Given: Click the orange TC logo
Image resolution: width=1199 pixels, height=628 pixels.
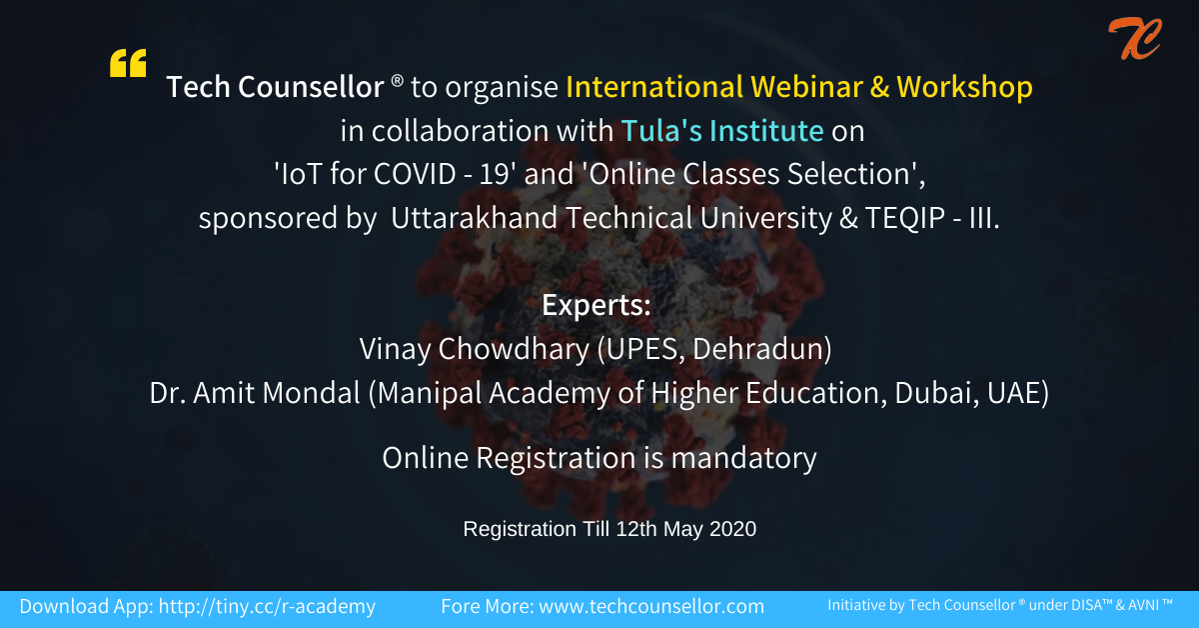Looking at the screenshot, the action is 1135,39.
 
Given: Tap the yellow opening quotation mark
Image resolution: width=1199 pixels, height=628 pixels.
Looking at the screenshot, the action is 128,63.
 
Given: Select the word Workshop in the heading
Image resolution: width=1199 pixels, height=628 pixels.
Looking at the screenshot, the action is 964,88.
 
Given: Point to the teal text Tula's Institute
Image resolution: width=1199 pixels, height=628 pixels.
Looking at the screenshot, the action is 722,130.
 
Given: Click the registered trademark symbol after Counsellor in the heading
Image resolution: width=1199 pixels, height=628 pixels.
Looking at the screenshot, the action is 398,81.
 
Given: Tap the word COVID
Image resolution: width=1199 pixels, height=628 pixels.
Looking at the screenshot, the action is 415,174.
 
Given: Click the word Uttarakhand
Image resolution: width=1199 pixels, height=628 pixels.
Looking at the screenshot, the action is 475,218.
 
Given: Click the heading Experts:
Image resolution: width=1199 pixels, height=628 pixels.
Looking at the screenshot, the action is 597,305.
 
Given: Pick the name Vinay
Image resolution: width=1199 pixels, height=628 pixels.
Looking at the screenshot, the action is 395,349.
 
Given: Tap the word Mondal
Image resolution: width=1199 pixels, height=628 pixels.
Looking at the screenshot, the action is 311,393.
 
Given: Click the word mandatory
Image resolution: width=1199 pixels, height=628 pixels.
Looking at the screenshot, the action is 744,459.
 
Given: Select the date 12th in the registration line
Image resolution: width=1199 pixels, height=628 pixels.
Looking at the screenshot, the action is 636,529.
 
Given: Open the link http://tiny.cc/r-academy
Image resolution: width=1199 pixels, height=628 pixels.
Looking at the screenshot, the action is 267,607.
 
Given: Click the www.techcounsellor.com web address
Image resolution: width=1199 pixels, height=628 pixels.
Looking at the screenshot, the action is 651,607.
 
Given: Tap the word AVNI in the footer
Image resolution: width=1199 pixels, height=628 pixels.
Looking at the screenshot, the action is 1143,605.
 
